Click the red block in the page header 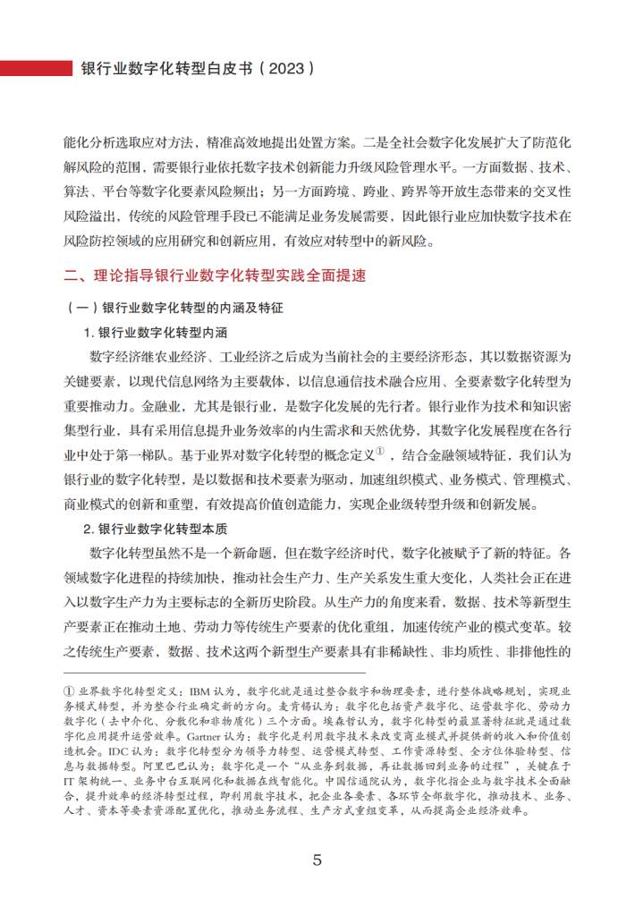coord(35,68)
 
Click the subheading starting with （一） coord(174,307)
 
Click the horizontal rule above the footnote coord(215,673)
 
